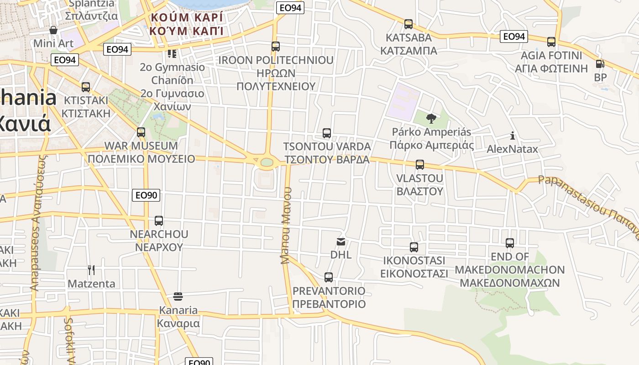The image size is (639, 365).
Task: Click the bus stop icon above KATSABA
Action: tap(409, 24)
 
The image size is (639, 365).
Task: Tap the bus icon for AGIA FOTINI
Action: tap(551, 42)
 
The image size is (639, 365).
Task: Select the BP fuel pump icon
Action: tap(600, 64)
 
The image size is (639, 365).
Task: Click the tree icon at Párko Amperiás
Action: tap(431, 119)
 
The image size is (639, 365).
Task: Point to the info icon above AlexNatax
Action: tap(513, 136)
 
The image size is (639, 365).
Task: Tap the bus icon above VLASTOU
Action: tap(420, 165)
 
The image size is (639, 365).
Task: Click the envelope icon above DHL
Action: tap(341, 242)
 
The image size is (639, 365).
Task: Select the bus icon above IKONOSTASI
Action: tap(414, 247)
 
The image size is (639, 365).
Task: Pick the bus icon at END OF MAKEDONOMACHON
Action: tap(510, 243)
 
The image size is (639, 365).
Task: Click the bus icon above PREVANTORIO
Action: tap(329, 277)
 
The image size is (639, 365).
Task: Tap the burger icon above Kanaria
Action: tap(178, 297)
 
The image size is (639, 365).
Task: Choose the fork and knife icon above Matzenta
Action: tap(91, 270)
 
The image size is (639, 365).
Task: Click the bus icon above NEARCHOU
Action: tap(159, 221)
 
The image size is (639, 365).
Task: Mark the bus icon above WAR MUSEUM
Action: tap(141, 132)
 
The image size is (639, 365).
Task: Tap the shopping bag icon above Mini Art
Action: tap(53, 30)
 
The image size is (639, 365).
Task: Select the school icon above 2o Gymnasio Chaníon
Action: tap(172, 54)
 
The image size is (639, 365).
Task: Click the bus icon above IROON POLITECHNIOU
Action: tap(276, 47)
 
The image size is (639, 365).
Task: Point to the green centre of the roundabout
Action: tap(267, 162)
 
